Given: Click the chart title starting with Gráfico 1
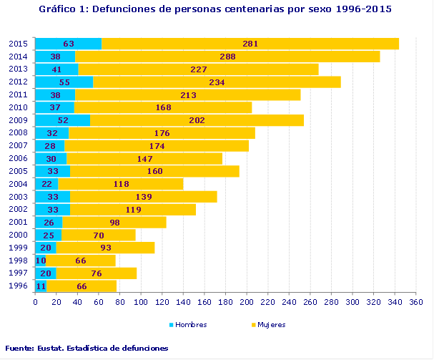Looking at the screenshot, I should coord(215,9).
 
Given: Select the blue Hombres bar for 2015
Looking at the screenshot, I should coord(68,44).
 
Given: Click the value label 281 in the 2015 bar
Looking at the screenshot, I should coord(250,44).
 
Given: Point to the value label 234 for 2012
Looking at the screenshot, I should coord(217,82).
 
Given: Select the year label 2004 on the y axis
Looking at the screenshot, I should coord(18,184).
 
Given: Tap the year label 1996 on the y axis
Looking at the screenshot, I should coord(18,286).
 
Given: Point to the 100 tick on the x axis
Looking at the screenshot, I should coord(141,303).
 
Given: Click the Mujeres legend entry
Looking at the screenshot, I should coord(268,324).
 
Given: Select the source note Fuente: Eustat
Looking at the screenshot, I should coord(87,348).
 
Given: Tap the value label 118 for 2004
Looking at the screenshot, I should coord(122,184).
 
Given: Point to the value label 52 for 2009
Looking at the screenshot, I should coord(62,120).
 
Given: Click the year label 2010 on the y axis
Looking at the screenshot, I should coord(18,107).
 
